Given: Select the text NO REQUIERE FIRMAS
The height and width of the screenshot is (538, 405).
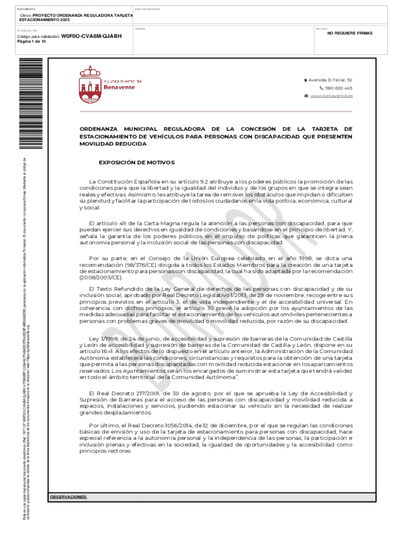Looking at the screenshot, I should coord(349,33).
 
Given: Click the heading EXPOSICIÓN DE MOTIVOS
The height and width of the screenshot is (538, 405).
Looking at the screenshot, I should coord(136,162).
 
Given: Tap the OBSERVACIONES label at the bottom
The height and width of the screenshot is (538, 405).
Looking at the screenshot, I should coord(68,496).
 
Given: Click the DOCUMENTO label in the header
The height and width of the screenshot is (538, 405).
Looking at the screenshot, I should coord(26,9).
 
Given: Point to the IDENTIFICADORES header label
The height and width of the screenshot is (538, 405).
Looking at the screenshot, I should coord(148,9).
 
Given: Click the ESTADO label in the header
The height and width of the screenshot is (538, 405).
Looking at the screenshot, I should coord(321,28).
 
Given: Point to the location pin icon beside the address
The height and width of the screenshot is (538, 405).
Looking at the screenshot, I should coord(305,80).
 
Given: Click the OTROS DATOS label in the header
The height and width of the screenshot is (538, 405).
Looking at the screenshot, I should coord(26,30).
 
